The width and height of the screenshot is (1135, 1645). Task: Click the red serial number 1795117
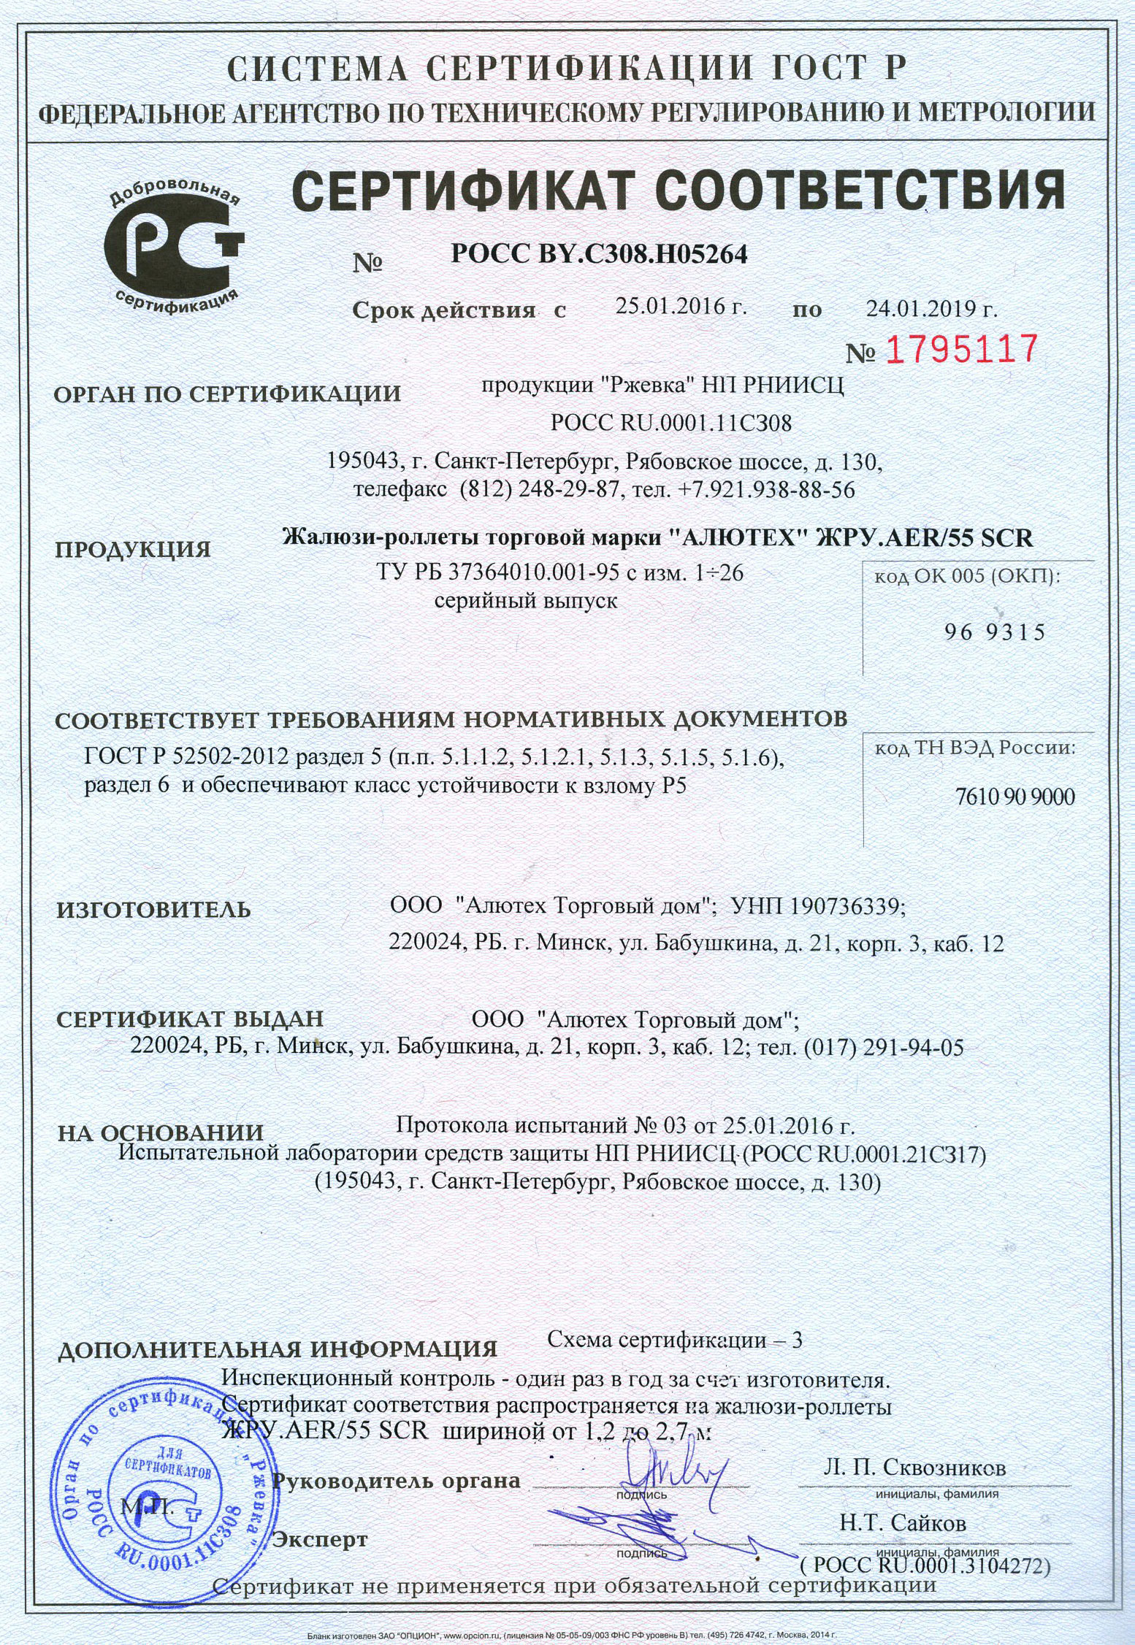pyautogui.click(x=962, y=350)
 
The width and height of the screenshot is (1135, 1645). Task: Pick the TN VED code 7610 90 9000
pyautogui.click(x=1014, y=796)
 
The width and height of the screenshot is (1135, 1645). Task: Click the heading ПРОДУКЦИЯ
pyautogui.click(x=133, y=549)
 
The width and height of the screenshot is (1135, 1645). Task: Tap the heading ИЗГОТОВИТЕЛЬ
pyautogui.click(x=153, y=910)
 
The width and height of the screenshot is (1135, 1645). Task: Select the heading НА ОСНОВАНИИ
pyautogui.click(x=161, y=1132)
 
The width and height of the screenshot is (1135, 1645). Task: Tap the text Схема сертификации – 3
pyautogui.click(x=675, y=1340)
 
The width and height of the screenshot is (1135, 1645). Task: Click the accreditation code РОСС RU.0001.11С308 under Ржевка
pyautogui.click(x=671, y=423)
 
